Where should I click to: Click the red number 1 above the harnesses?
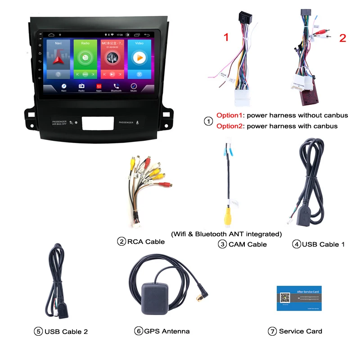(226, 37)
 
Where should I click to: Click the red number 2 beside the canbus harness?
(342, 38)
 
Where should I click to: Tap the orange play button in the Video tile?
(139, 58)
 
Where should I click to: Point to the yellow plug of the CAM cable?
(229, 217)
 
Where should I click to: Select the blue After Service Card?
(299, 298)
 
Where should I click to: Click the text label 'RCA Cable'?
(146, 242)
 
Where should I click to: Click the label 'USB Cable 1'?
(323, 244)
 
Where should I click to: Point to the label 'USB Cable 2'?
(66, 332)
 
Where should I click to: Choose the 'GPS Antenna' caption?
(167, 331)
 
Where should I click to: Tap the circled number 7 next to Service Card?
(272, 331)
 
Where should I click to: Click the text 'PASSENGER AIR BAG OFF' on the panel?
(59, 122)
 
